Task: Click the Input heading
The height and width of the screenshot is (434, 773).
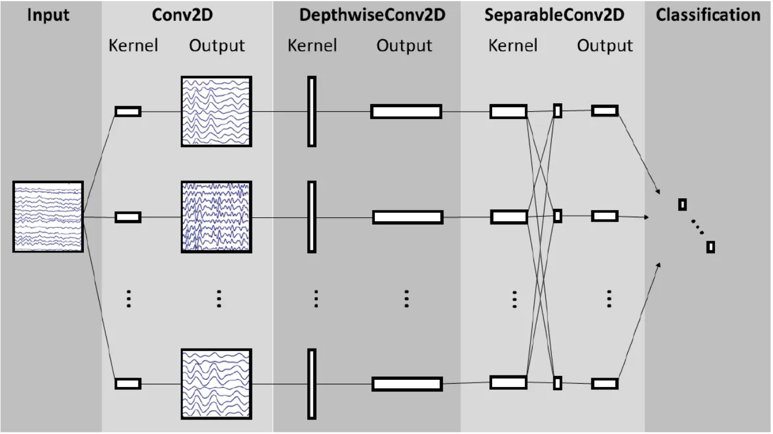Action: click(48, 15)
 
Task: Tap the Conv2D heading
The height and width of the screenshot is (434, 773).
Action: click(182, 15)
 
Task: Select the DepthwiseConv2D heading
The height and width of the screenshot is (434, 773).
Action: click(372, 15)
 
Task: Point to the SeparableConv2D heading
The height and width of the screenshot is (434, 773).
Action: click(554, 15)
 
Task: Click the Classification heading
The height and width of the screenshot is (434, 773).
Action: click(708, 15)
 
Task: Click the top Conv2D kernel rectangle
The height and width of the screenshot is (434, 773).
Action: click(128, 112)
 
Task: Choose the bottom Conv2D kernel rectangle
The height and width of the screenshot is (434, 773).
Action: click(128, 384)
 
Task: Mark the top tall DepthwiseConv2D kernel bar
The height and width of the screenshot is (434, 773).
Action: click(312, 112)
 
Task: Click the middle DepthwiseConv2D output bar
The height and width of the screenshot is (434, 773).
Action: click(408, 217)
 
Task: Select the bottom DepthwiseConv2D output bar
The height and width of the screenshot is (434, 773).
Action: click(407, 384)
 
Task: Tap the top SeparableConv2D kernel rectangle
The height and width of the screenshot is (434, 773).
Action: click(508, 112)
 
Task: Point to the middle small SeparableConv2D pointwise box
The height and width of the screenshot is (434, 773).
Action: click(557, 216)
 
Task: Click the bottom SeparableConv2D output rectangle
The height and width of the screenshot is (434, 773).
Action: click(604, 384)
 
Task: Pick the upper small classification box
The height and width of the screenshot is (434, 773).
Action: click(683, 204)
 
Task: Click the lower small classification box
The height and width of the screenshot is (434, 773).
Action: click(710, 247)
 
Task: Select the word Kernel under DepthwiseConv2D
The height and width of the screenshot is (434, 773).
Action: click(312, 46)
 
